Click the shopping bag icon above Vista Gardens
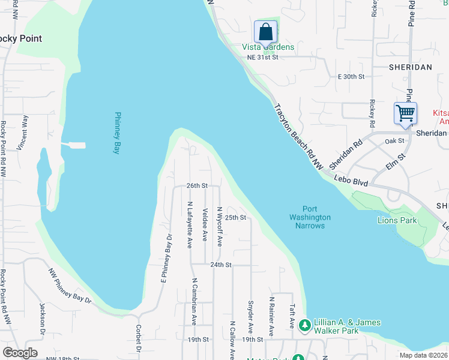click(265, 31)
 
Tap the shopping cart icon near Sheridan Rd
click(405, 113)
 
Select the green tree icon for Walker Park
click(305, 325)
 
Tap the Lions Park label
click(397, 221)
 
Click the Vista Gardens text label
click(268, 47)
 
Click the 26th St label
click(196, 186)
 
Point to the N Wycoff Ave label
click(220, 227)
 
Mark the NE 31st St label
click(263, 57)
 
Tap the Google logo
click(20, 353)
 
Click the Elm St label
click(396, 161)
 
